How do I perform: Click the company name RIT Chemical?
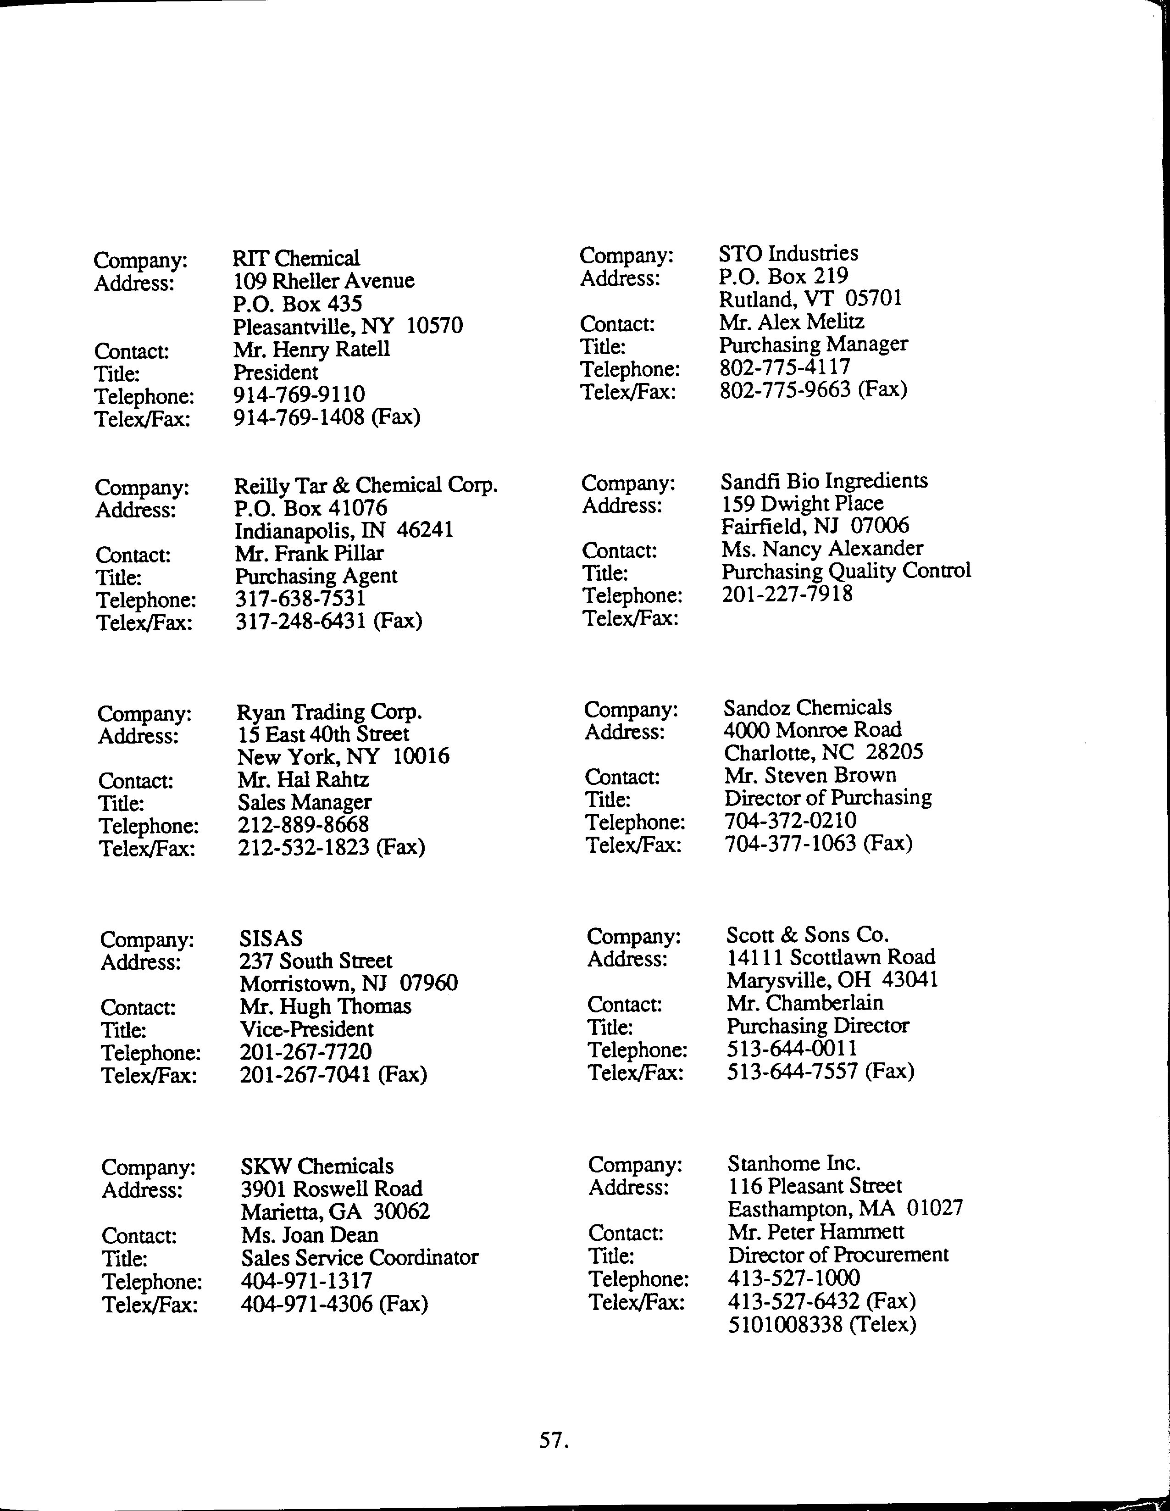click(296, 259)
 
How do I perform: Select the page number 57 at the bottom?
click(553, 1440)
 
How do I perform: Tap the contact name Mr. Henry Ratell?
click(311, 350)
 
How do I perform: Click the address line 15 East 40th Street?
click(323, 734)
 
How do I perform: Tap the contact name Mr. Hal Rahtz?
click(303, 780)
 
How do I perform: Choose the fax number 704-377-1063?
click(791, 844)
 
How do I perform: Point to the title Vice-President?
click(306, 1029)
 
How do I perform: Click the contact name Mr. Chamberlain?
click(804, 1003)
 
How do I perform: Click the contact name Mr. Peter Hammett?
click(816, 1232)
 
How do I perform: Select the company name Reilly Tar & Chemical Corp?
click(366, 486)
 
